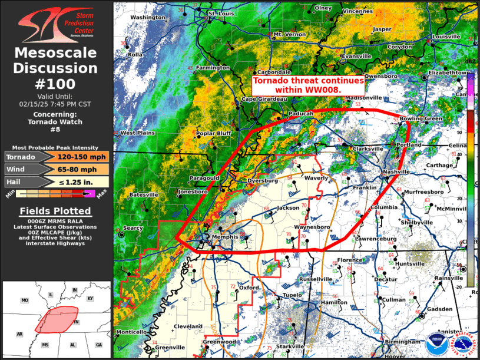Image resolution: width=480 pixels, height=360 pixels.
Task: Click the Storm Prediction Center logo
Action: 56,24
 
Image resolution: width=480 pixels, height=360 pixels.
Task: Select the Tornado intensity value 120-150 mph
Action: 74,157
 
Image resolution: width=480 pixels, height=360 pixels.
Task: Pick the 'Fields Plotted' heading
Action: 56,210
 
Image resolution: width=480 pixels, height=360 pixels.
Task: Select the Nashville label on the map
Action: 395,171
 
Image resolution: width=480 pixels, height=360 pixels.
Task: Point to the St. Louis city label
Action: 221,13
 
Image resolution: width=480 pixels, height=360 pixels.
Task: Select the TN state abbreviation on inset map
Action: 75,323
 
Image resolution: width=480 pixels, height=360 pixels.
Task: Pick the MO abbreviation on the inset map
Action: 25,300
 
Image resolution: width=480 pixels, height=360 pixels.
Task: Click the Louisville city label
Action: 446,37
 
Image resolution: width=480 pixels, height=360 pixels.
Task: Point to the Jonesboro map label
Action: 193,192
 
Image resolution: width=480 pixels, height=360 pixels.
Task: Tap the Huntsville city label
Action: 411,263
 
